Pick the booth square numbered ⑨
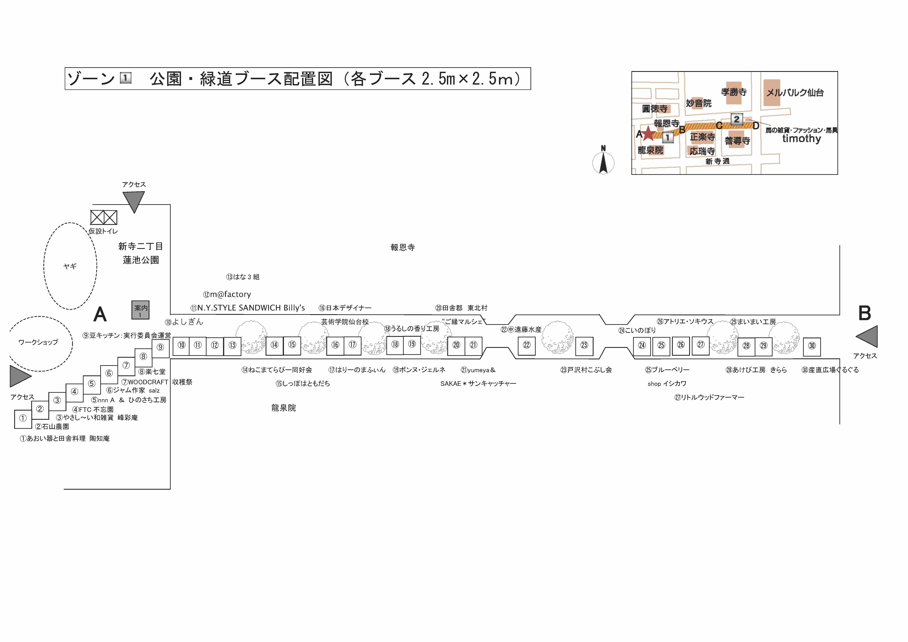click(160, 348)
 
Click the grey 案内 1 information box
click(140, 310)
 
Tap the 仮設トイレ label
click(103, 231)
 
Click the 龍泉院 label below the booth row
click(284, 408)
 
